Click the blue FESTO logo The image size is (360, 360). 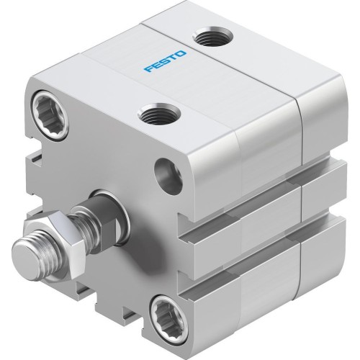(x=166, y=61)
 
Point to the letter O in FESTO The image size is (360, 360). (x=181, y=53)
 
